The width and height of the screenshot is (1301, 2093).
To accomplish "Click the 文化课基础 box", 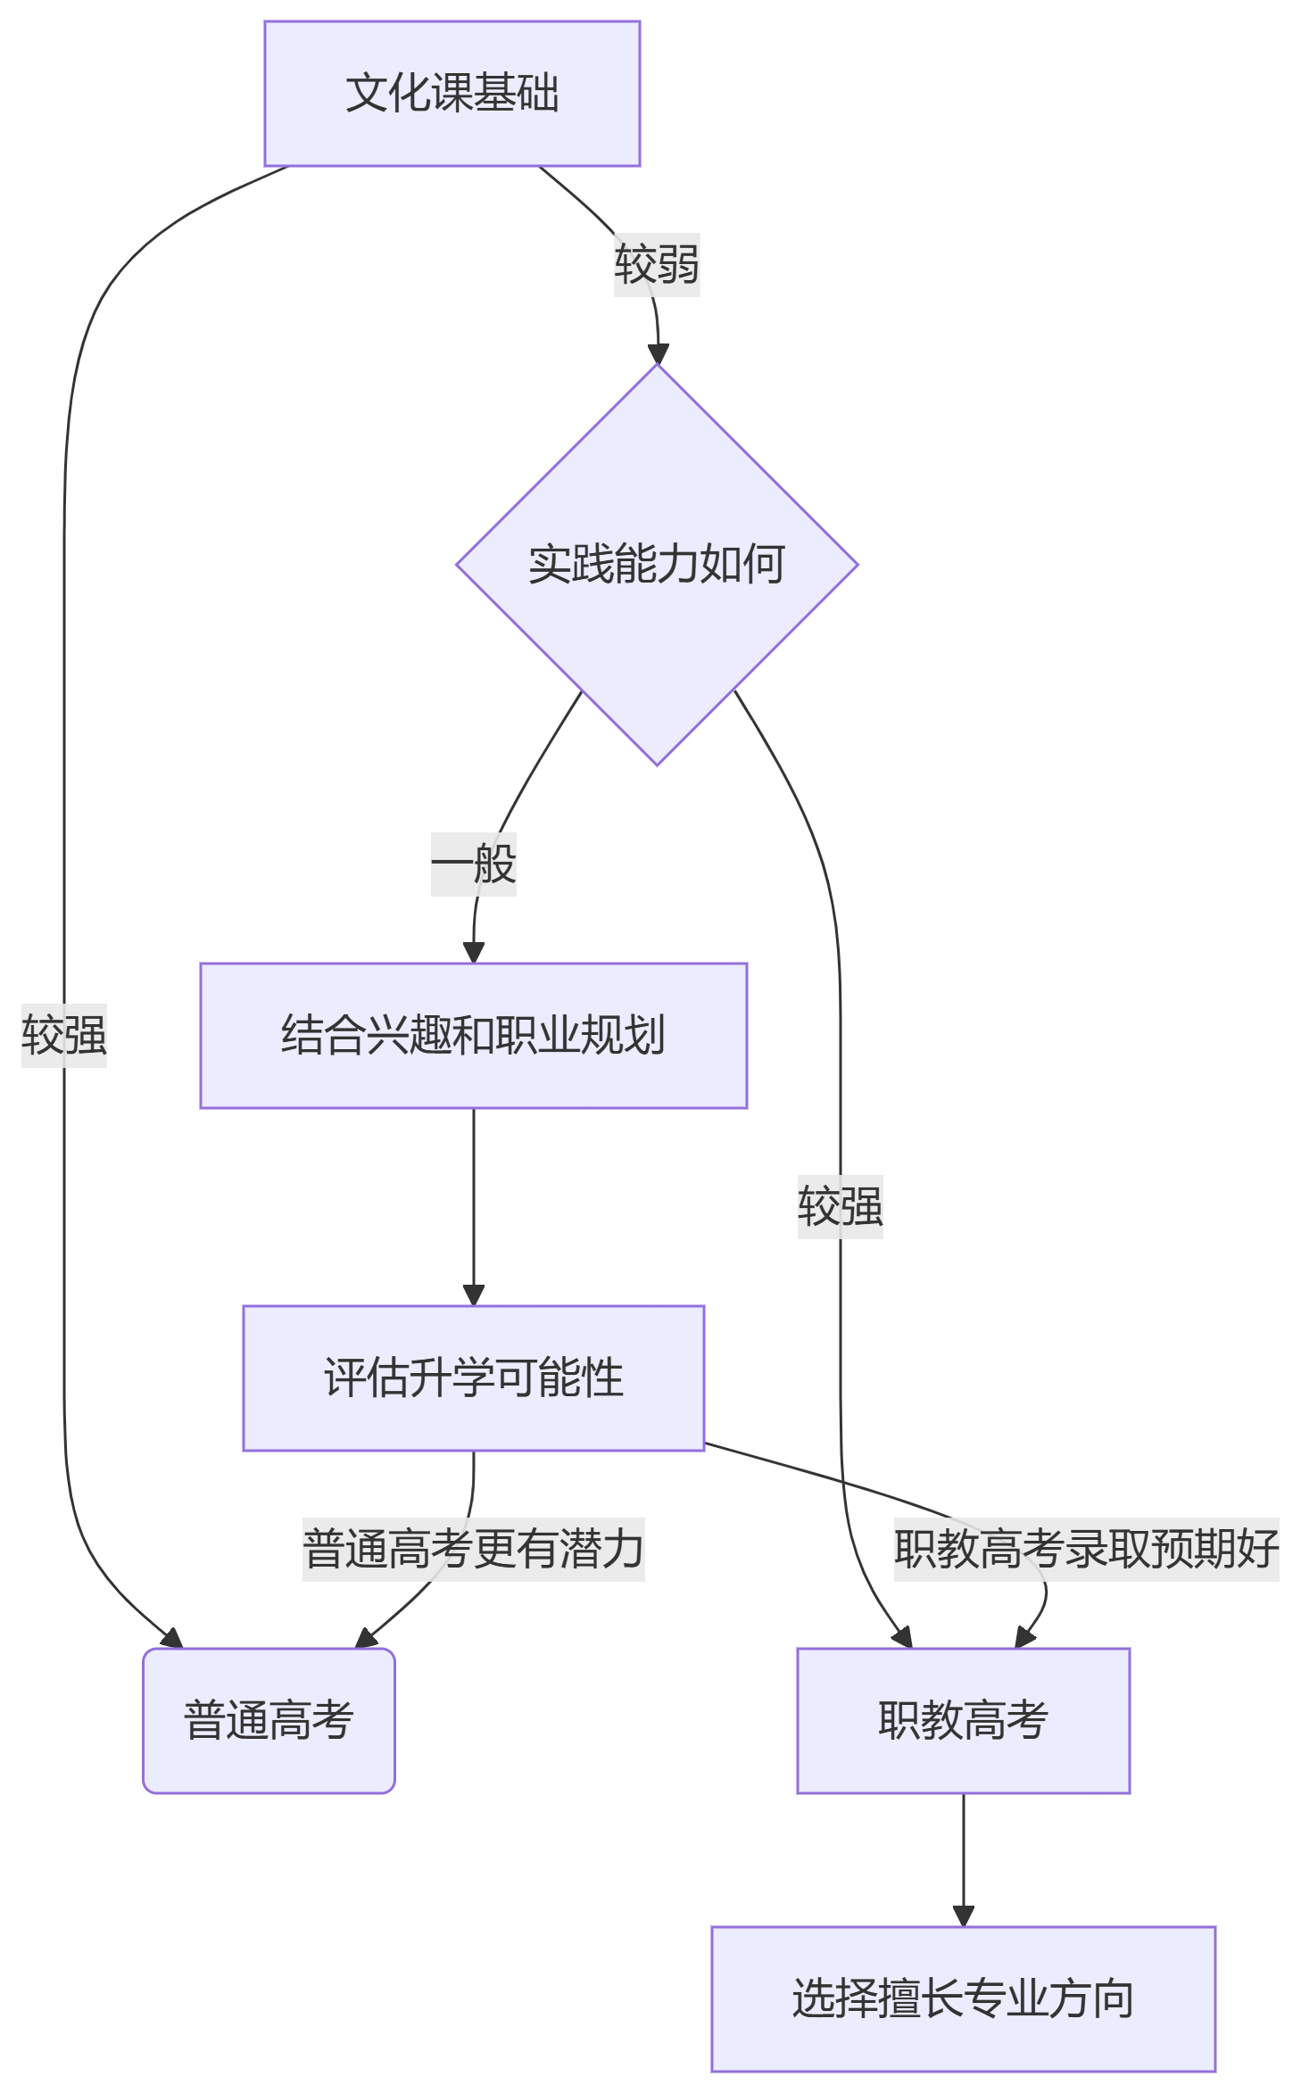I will point(452,93).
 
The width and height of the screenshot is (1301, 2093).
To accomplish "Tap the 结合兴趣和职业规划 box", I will point(473,1035).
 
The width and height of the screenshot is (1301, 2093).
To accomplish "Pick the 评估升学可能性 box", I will point(473,1377).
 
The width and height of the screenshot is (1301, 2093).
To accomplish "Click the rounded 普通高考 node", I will point(269,1720).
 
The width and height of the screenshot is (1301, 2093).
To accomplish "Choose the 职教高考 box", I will point(963,1720).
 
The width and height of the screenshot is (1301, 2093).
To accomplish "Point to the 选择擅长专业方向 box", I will point(963,1998).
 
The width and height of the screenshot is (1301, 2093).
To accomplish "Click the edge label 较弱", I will point(657,264).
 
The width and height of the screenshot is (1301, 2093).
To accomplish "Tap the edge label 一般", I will point(473,864).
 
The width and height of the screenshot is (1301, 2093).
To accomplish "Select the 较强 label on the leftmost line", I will point(64,1035).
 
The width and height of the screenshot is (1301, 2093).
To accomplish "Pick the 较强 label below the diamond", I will point(840,1206).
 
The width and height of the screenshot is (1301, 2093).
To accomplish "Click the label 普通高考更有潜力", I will point(473,1549).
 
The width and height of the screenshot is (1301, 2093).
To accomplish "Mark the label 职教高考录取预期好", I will point(1086,1549).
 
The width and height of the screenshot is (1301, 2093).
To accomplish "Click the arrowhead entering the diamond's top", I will point(658,353).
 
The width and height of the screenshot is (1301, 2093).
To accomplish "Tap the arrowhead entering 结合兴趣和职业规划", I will point(474,952).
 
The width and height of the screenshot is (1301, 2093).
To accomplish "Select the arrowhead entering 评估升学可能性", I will point(474,1295).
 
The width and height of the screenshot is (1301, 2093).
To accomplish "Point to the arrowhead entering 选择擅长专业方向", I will point(963,1915).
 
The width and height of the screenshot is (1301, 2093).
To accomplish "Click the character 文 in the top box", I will point(366,93).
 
